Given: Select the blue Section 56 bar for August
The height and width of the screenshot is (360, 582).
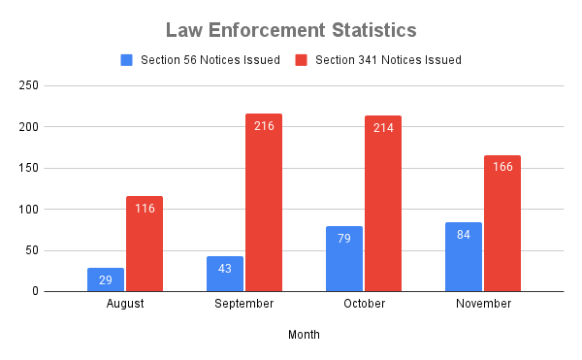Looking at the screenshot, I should coord(106,278).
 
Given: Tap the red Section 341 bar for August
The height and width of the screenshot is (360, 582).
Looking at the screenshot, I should coord(145,244).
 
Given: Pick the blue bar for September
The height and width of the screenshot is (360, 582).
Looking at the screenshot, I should coord(225,274).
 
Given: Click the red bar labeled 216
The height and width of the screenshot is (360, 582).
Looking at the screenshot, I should coord(264,203).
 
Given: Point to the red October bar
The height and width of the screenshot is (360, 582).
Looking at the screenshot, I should coord(383,204).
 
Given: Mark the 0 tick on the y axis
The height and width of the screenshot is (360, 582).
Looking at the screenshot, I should coord(62,291).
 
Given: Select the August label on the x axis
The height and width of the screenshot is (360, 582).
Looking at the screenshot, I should coord(125,304).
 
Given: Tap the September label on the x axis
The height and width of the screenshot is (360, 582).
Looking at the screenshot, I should coord(244,304).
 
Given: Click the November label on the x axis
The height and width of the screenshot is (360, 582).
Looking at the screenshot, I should coord(483,304).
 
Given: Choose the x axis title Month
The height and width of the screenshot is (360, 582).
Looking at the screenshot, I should coord(304,335).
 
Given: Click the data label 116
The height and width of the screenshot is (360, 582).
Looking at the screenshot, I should coord(145,209).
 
